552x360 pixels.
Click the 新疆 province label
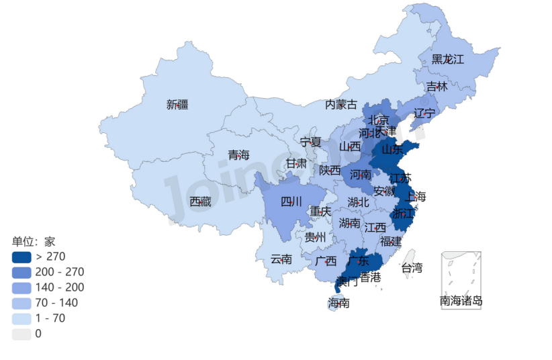pyautogui.click(x=177, y=104)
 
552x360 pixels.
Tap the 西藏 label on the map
pyautogui.click(x=200, y=201)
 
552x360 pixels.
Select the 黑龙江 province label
pyautogui.click(x=447, y=59)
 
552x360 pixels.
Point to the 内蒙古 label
pyautogui.click(x=341, y=104)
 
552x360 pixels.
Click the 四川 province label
pyautogui.click(x=291, y=201)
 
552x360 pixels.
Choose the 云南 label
pyautogui.click(x=281, y=259)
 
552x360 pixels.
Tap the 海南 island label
pyautogui.click(x=338, y=303)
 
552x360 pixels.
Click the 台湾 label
pyautogui.click(x=412, y=268)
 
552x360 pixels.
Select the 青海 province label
pyautogui.click(x=238, y=155)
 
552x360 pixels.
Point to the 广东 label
pyautogui.click(x=359, y=260)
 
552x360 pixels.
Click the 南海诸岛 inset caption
pyautogui.click(x=461, y=301)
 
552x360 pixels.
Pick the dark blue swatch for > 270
pyautogui.click(x=21, y=257)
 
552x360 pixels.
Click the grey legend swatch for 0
pyautogui.click(x=21, y=333)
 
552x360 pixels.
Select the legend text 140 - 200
pyautogui.click(x=60, y=287)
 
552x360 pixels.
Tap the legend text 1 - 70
pyautogui.click(x=50, y=318)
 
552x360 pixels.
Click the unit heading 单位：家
pyautogui.click(x=34, y=241)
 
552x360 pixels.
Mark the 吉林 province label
pyautogui.click(x=436, y=87)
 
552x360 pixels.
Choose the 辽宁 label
pyautogui.click(x=424, y=112)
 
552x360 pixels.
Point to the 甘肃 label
pyautogui.click(x=296, y=163)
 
